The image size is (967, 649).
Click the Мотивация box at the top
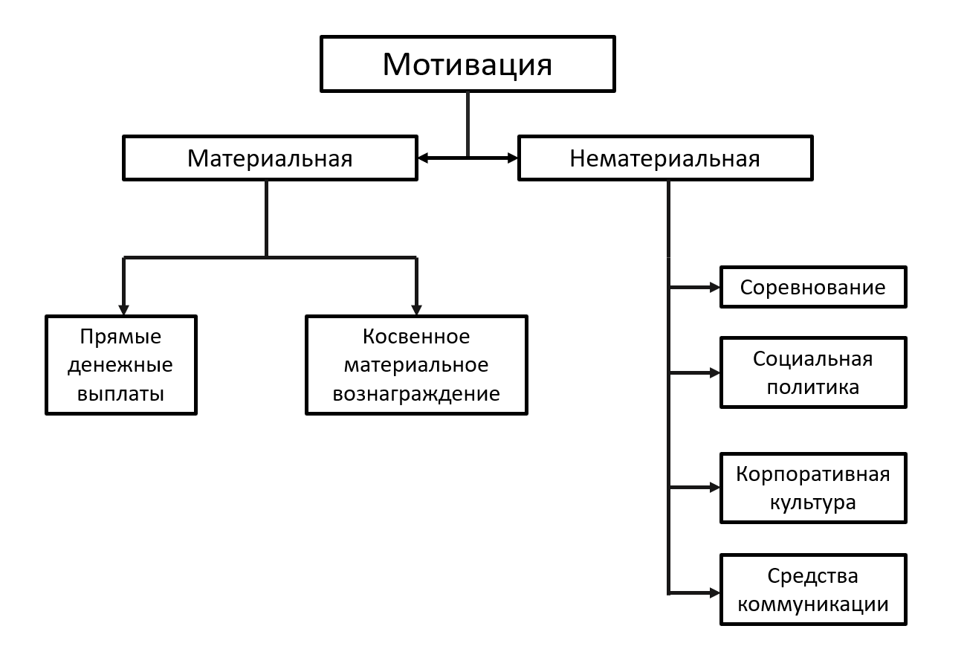[468, 64]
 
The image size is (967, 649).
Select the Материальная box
[269, 158]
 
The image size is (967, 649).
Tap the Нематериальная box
[664, 158]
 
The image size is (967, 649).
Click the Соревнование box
[813, 287]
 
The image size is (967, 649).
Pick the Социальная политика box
[813, 372]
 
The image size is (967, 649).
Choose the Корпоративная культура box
[813, 488]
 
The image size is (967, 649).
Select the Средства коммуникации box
[813, 589]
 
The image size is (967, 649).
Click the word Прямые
[121, 337]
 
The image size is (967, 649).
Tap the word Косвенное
[416, 337]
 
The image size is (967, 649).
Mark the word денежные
[121, 365]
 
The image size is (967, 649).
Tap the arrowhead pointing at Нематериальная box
[512, 158]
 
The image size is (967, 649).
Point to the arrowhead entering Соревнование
[715, 287]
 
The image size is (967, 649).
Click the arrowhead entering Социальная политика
[715, 372]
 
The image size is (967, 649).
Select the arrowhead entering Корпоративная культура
[715, 488]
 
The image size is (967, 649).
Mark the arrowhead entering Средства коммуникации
[715, 593]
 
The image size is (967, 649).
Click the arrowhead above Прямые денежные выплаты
[123, 309]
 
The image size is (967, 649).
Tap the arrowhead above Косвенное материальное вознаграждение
[416, 309]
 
